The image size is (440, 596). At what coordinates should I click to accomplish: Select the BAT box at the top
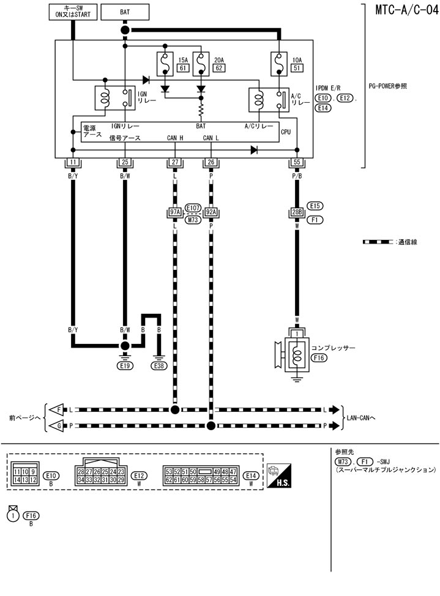tap(125, 12)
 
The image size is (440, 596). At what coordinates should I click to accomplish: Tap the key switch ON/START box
tap(72, 12)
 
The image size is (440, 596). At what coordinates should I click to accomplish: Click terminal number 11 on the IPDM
tap(72, 162)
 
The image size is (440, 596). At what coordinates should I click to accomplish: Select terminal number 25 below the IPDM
tap(125, 162)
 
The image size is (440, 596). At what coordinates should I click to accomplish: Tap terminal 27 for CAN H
tap(176, 162)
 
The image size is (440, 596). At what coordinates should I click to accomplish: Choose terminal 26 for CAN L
tap(211, 162)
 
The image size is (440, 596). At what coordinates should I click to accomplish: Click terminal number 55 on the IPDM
tap(297, 162)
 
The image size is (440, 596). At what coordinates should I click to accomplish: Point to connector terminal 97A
tap(176, 213)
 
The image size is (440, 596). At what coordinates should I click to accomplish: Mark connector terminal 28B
tap(297, 213)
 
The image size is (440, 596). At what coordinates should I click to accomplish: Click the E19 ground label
tap(125, 366)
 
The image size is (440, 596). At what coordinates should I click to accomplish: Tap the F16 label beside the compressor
tap(318, 358)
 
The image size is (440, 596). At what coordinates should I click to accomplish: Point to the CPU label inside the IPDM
tap(286, 132)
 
